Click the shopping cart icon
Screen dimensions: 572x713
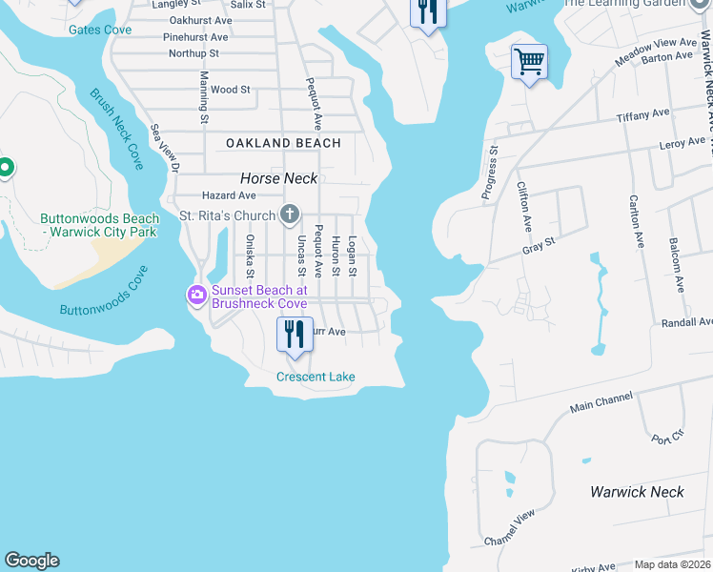click(529, 63)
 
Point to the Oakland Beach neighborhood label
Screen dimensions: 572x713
click(283, 143)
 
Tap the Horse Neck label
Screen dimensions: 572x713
click(278, 178)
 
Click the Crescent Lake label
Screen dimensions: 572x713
click(316, 377)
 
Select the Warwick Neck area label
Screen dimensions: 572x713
click(637, 492)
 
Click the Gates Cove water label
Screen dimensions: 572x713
click(100, 31)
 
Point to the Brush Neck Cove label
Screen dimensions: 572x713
click(116, 130)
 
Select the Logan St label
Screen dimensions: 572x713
click(352, 256)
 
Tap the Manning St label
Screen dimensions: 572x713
click(203, 97)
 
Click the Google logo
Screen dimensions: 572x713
click(32, 561)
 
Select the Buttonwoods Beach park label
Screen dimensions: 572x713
click(99, 225)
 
